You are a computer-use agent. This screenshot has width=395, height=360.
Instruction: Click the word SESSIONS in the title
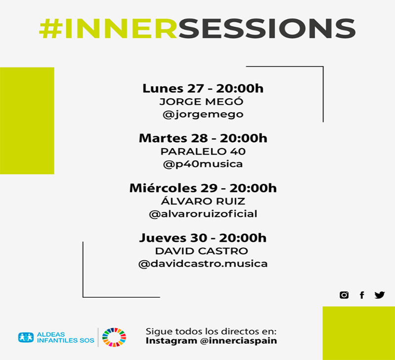[x=267, y=29]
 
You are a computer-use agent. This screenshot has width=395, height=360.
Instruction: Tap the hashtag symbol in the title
[x=50, y=29]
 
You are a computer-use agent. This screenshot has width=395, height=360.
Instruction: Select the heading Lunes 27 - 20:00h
[x=203, y=89]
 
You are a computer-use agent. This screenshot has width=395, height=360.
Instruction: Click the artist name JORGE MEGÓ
[x=202, y=102]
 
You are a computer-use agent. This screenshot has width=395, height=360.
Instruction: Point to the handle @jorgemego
[x=202, y=114]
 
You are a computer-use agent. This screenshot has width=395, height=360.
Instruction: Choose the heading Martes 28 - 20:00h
[x=203, y=138]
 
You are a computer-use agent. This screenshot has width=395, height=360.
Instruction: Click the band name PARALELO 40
[x=203, y=151]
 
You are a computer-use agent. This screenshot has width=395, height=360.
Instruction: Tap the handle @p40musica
[x=203, y=164]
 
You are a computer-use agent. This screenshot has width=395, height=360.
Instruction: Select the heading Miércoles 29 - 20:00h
[x=203, y=188]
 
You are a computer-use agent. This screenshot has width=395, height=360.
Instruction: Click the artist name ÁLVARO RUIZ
[x=203, y=201]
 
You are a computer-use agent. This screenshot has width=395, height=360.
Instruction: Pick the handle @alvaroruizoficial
[x=203, y=214]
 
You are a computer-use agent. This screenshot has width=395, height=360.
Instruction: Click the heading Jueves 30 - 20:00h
[x=203, y=238]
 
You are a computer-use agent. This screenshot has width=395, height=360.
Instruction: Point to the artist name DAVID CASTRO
[x=203, y=251]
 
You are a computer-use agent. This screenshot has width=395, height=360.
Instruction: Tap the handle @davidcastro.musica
[x=203, y=264]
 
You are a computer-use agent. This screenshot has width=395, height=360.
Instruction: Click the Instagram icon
[x=344, y=295]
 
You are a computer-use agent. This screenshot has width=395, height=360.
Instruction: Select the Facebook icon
[x=362, y=295]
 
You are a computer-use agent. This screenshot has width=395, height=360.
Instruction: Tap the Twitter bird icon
[x=379, y=295]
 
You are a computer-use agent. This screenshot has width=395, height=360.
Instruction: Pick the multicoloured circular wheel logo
[x=114, y=338]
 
